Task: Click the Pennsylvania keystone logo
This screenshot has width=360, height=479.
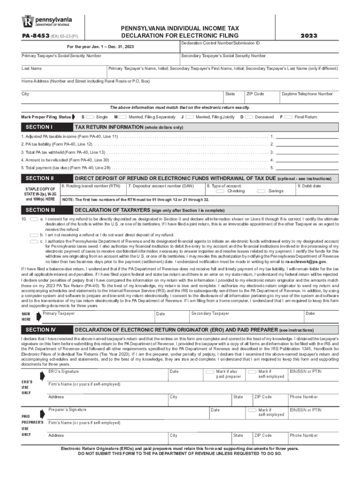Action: [x=28, y=22]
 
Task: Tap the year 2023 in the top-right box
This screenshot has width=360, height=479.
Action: [x=309, y=36]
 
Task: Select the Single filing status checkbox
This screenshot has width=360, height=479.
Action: [x=90, y=116]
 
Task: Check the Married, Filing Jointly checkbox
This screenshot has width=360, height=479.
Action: [x=190, y=116]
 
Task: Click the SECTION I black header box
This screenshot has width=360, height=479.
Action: [x=45, y=127]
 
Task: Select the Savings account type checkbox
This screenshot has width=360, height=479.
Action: [x=261, y=191]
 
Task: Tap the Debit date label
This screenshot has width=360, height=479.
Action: [x=309, y=186]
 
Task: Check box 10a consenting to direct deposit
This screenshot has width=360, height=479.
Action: [x=34, y=219]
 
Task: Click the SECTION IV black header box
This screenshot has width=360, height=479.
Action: [x=45, y=330]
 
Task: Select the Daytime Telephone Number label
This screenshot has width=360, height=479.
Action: [x=307, y=94]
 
